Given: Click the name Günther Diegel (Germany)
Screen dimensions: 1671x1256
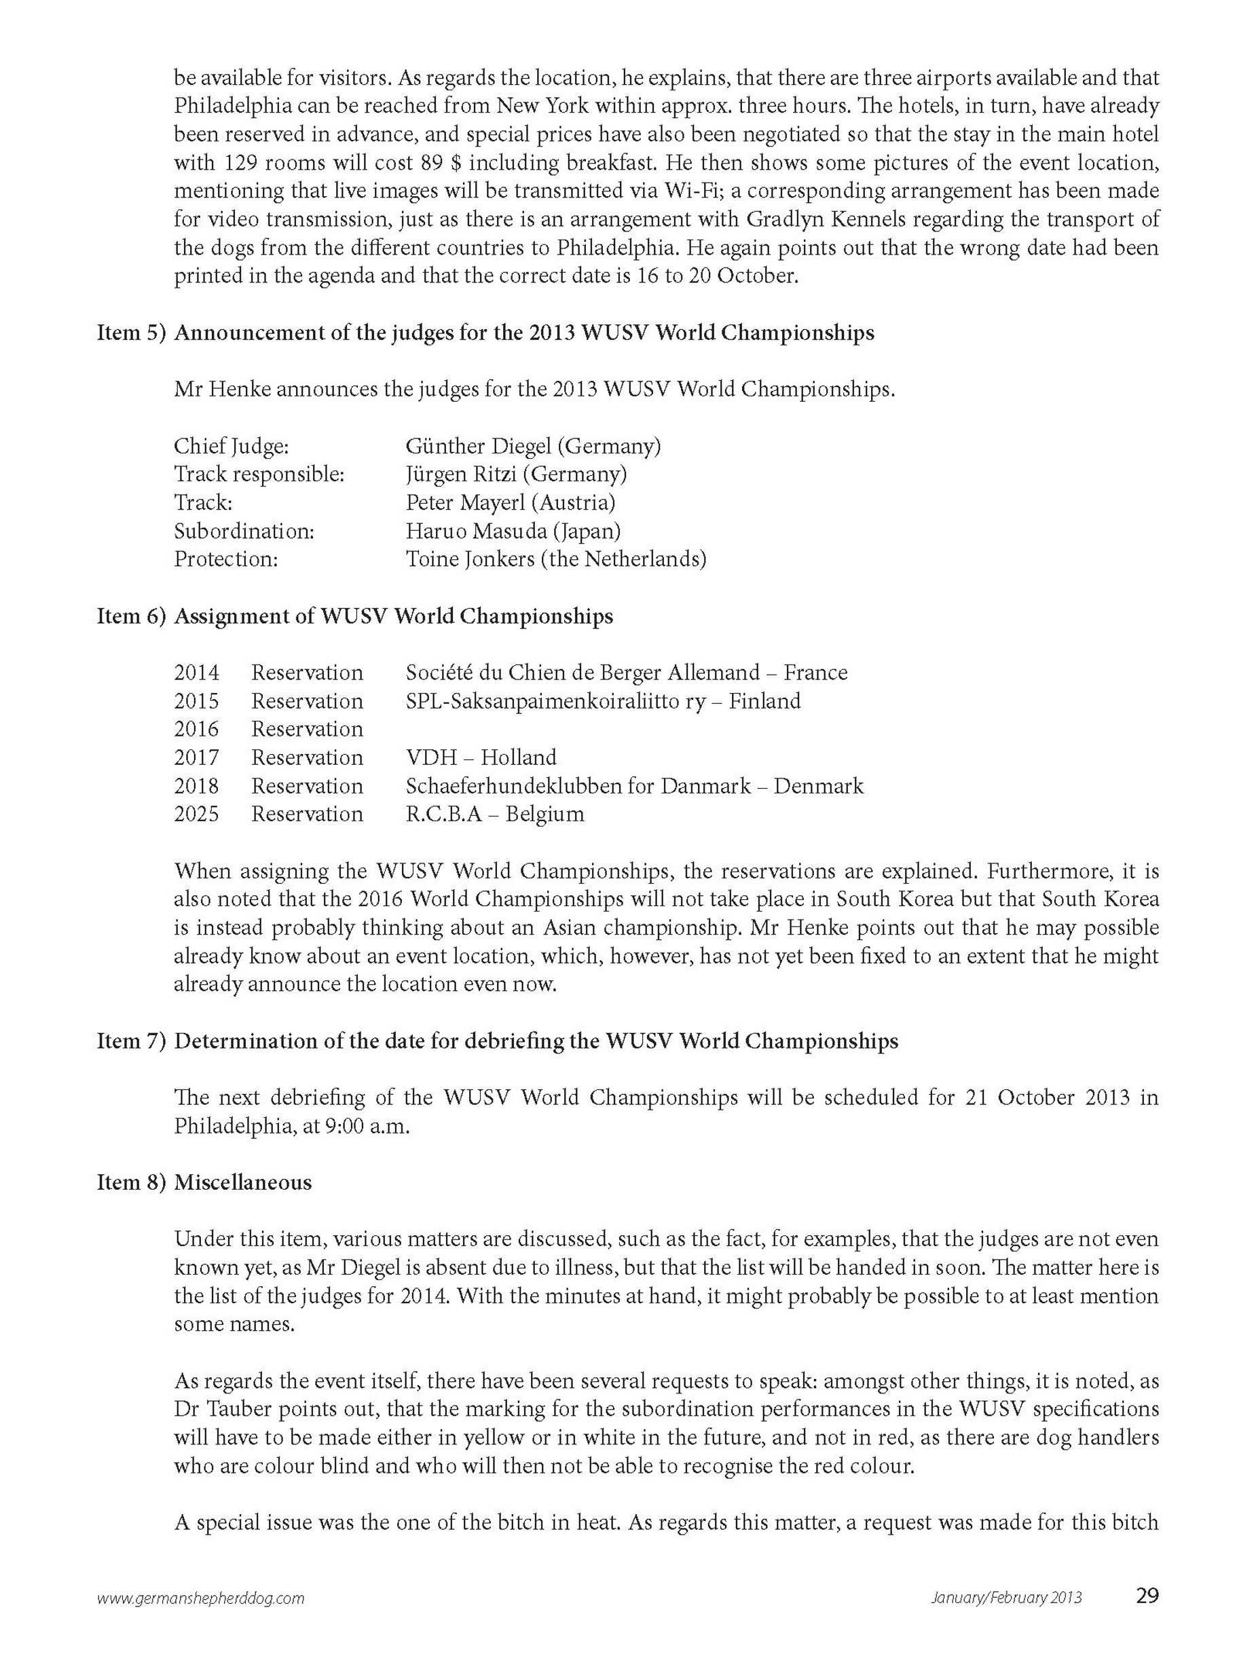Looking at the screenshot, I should pyautogui.click(x=533, y=447).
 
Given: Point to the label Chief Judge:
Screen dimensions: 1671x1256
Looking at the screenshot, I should pyautogui.click(x=232, y=447).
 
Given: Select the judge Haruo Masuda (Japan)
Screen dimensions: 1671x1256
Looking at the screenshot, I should pyautogui.click(x=513, y=531).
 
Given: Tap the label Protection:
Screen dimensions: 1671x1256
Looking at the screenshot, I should pyautogui.click(x=226, y=559).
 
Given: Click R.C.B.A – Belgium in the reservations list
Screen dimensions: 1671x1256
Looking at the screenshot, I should pyautogui.click(x=494, y=814).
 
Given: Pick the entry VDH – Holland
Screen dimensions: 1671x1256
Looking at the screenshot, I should pyautogui.click(x=481, y=757).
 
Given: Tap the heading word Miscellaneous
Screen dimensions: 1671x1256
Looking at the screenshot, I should pyautogui.click(x=242, y=1182).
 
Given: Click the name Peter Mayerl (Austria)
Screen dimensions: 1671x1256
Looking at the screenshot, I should pyautogui.click(x=510, y=502).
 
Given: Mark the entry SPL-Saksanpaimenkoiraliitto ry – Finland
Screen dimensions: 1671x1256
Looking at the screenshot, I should pyautogui.click(x=602, y=701).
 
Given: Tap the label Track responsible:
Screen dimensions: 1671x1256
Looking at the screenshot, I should pyautogui.click(x=259, y=474).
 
